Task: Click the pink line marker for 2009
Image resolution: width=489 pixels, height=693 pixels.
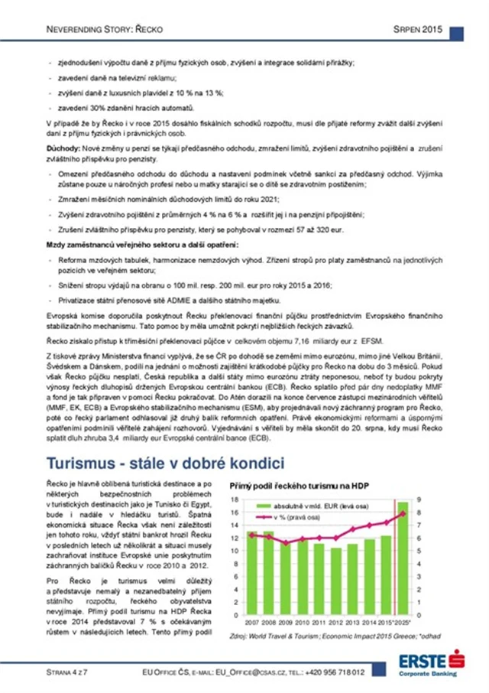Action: pyautogui.click(x=285, y=542)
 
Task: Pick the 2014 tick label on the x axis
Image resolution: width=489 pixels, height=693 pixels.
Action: pyautogui.click(x=369, y=623)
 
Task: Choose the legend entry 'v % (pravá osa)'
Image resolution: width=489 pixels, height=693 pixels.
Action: pyautogui.click(x=295, y=516)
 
